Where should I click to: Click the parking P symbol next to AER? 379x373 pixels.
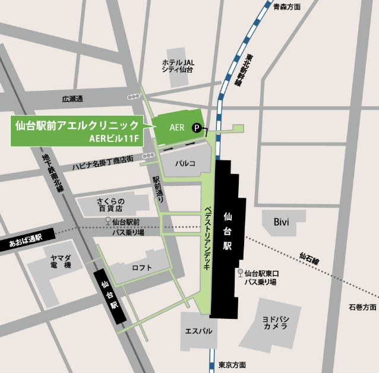[x=195, y=127]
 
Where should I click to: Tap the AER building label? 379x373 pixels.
[x=177, y=127]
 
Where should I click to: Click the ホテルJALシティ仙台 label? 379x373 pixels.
[x=178, y=65]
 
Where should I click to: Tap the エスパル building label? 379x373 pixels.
[x=198, y=331]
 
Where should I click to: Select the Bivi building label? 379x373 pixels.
[x=280, y=222]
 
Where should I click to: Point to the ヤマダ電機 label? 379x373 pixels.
[x=61, y=260]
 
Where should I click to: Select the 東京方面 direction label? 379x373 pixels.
[x=232, y=365]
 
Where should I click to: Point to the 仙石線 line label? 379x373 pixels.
[x=309, y=259]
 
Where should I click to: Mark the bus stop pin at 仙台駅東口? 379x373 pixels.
[x=240, y=273]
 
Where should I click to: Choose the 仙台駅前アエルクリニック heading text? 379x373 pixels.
[x=77, y=125]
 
